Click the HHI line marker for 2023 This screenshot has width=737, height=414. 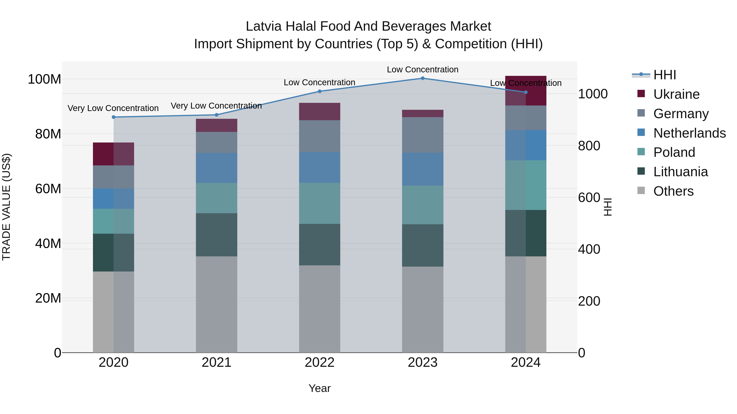(x=423, y=78)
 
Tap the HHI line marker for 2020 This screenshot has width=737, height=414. (x=114, y=117)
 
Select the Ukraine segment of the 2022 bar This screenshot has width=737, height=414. (x=320, y=111)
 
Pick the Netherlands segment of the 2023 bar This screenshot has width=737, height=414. (x=423, y=169)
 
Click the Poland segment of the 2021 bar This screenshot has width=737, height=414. (x=217, y=198)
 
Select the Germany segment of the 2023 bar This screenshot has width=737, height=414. (x=423, y=135)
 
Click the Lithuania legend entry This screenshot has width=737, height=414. (x=680, y=172)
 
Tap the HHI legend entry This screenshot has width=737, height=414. (x=664, y=75)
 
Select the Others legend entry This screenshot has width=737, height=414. (x=673, y=191)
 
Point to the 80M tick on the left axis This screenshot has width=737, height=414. (x=48, y=134)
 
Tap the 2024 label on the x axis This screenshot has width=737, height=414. (x=526, y=362)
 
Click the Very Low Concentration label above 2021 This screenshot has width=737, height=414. (x=216, y=106)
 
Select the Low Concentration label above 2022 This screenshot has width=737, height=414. (x=319, y=83)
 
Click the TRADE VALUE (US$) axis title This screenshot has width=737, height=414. (x=6, y=207)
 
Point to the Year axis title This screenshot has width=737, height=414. (x=320, y=388)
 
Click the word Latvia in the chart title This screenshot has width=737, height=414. (x=263, y=26)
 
